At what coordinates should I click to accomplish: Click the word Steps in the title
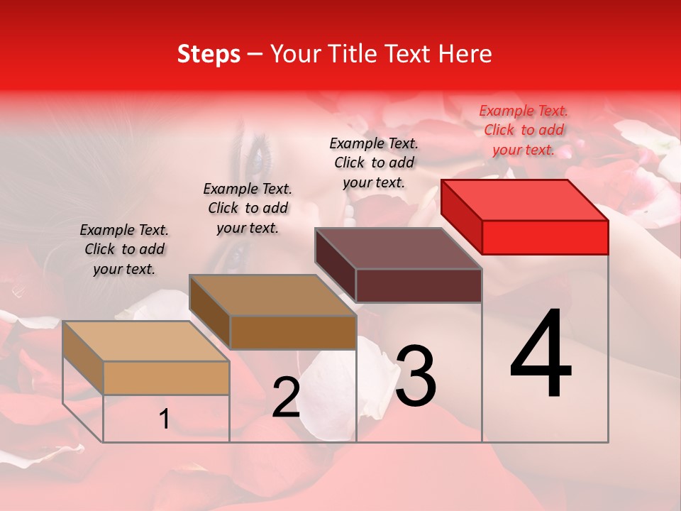click(208, 54)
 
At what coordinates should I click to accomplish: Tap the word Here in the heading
click(465, 54)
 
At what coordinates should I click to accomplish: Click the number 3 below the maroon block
click(415, 376)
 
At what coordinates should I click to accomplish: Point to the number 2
click(286, 397)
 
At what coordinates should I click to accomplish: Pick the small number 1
click(164, 419)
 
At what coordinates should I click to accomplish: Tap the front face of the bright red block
click(545, 237)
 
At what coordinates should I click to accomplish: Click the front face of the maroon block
click(419, 285)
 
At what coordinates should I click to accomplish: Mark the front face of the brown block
click(292, 332)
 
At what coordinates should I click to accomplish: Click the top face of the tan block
click(146, 341)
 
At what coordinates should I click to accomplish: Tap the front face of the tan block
click(166, 378)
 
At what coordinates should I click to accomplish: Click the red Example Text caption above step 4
click(524, 130)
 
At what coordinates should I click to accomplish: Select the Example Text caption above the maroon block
click(374, 163)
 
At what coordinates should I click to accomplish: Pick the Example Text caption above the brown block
click(248, 208)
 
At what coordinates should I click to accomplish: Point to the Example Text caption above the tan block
click(124, 249)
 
